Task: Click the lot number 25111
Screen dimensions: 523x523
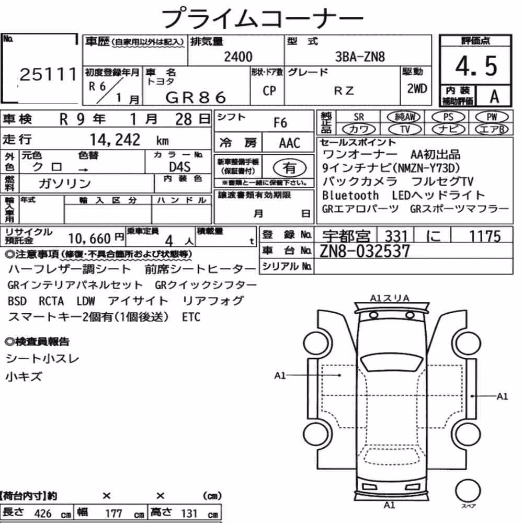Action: (x=48, y=74)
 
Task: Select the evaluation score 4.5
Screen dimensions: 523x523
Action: (x=476, y=66)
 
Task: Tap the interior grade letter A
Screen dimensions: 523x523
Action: (x=494, y=97)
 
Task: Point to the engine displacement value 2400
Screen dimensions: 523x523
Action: (x=238, y=56)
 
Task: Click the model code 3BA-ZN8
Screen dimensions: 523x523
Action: (x=360, y=57)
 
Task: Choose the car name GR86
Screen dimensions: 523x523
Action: (x=196, y=98)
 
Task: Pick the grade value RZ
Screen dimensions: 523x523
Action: (x=344, y=90)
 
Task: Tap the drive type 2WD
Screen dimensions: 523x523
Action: (x=417, y=88)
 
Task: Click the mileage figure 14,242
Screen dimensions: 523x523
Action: (x=115, y=140)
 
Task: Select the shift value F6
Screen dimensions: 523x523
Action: (x=280, y=123)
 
